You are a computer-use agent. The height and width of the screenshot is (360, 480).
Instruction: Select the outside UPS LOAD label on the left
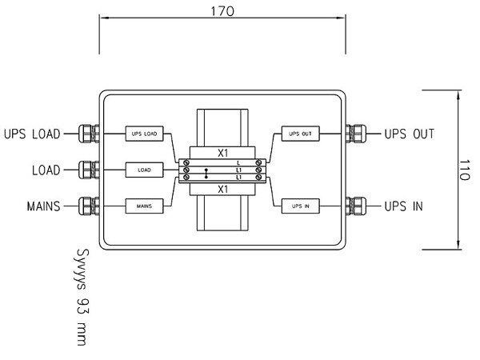click(x=32, y=133)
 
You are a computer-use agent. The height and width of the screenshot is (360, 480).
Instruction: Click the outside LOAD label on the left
click(x=46, y=170)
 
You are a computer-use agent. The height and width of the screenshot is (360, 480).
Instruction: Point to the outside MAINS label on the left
click(x=42, y=206)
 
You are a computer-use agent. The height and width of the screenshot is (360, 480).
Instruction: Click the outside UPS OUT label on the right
click(x=409, y=133)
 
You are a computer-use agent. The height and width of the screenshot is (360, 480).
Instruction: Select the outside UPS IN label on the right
click(x=404, y=206)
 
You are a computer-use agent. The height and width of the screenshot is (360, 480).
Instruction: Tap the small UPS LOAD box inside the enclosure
click(x=145, y=133)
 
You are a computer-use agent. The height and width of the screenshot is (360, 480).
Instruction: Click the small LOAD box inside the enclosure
click(x=145, y=170)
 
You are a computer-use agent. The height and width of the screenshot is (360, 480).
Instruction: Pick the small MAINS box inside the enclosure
click(x=145, y=206)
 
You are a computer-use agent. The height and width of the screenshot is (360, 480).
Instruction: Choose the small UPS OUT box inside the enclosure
click(x=300, y=133)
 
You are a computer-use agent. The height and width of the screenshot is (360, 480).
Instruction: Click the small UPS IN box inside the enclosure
click(x=300, y=206)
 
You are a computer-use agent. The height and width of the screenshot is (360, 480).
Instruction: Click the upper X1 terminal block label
click(x=223, y=150)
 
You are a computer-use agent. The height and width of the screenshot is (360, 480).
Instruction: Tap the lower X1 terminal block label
click(x=223, y=189)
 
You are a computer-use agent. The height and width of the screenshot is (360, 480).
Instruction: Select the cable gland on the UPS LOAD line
click(x=88, y=133)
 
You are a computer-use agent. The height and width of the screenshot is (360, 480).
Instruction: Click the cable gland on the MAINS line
click(x=88, y=206)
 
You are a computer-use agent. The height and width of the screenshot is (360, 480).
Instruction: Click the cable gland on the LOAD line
click(x=88, y=170)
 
